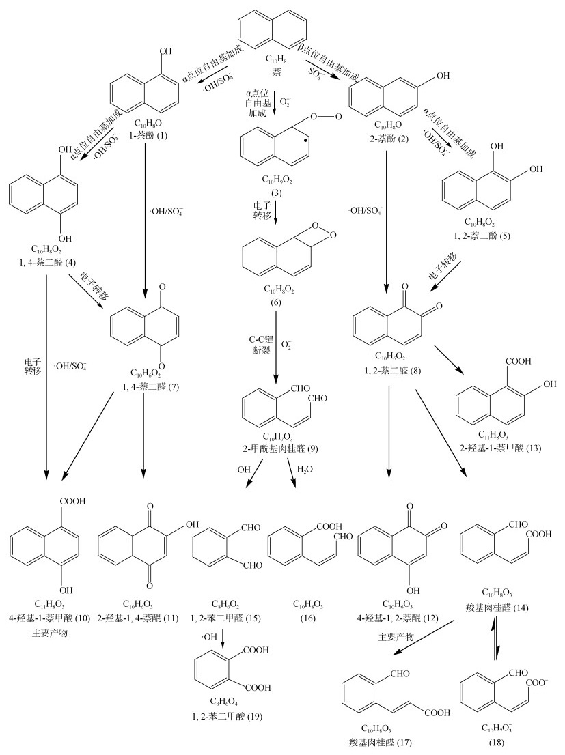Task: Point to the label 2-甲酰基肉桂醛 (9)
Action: (x=276, y=448)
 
